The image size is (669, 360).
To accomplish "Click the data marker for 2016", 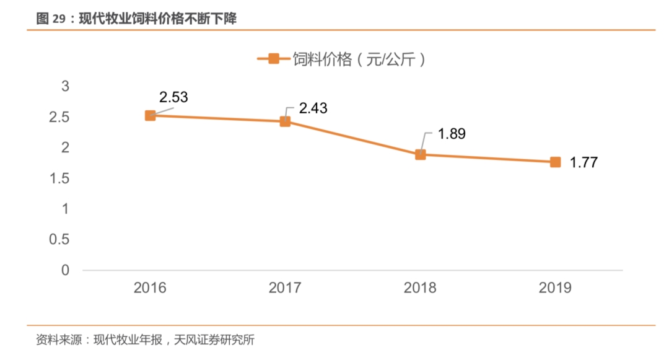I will (x=150, y=115).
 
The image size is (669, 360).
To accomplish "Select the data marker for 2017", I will (x=285, y=121).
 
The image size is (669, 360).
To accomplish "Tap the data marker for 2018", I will (x=420, y=154).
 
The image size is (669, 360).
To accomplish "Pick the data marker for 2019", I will (x=556, y=162).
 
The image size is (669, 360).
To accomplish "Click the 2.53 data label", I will (x=173, y=97).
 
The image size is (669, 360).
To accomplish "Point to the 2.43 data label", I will (x=313, y=108).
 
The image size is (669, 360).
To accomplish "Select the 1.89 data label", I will (x=451, y=134).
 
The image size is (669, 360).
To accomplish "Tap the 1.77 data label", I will (x=584, y=163).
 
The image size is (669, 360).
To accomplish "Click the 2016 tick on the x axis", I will (x=150, y=288).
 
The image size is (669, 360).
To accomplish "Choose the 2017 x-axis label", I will (x=285, y=288).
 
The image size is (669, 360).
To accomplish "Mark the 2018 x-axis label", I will (x=420, y=288).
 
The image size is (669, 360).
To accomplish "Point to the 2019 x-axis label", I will (x=556, y=288).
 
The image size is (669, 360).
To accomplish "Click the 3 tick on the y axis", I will (x=65, y=86).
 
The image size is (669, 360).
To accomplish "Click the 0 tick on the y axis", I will (x=65, y=271).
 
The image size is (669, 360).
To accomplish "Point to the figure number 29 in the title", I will (x=59, y=19).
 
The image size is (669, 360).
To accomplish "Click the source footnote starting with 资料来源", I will (x=145, y=340).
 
